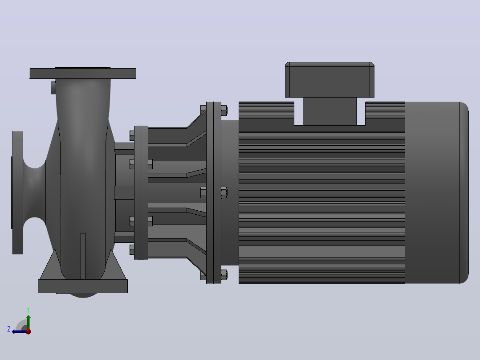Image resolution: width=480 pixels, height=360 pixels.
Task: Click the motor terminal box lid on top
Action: pyautogui.click(x=329, y=80)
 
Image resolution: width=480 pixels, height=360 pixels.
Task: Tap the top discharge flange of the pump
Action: pyautogui.click(x=83, y=73)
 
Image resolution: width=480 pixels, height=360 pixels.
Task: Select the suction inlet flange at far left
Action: pyautogui.click(x=18, y=193)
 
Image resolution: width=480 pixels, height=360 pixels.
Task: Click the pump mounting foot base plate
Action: pyautogui.click(x=83, y=286)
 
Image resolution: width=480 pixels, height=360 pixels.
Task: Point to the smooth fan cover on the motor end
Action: pyautogui.click(x=437, y=193)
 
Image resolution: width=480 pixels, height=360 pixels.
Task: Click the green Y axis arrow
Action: pyautogui.click(x=28, y=322)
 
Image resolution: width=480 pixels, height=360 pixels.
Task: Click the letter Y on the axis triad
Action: pyautogui.click(x=28, y=310)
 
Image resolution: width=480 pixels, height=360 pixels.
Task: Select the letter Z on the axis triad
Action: pyautogui.click(x=9, y=329)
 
